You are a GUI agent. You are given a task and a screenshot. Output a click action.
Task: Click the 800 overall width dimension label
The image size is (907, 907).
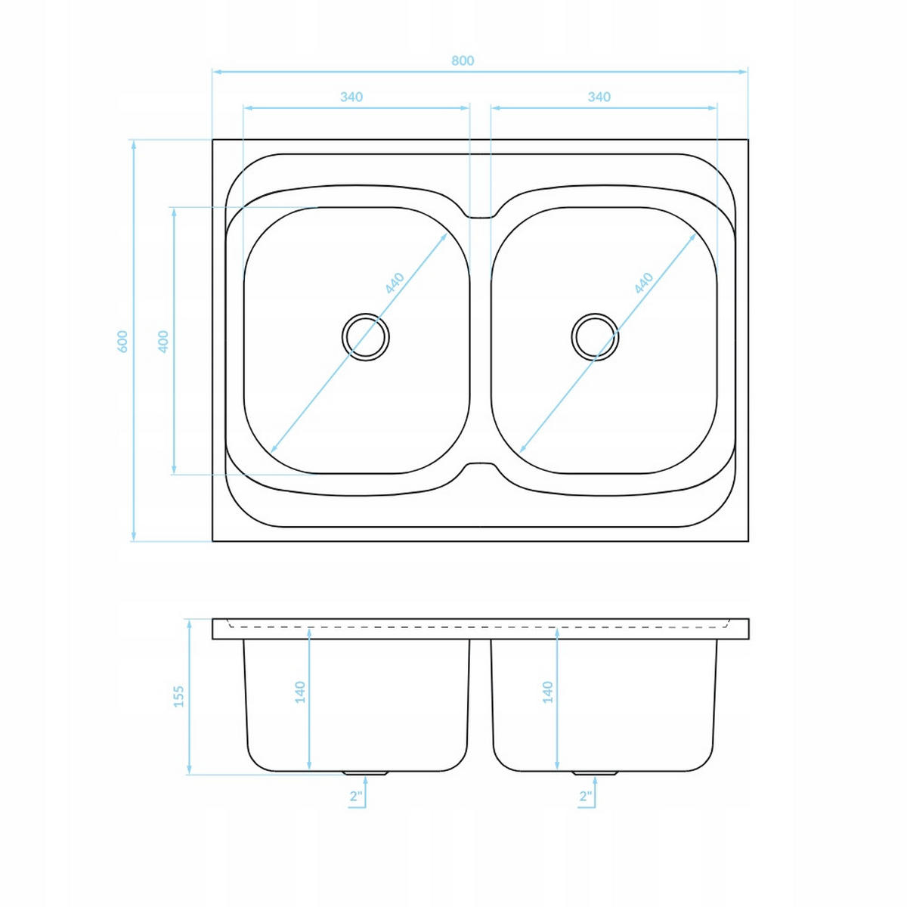pyautogui.click(x=463, y=60)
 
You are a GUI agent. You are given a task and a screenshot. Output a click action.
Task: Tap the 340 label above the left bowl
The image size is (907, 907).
pyautogui.click(x=351, y=97)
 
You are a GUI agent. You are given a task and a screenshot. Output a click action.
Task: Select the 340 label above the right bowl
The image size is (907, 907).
pyautogui.click(x=599, y=97)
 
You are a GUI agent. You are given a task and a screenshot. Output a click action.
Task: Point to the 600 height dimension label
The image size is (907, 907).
pyautogui.click(x=122, y=341)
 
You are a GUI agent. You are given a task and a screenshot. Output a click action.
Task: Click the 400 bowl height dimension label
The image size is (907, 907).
pyautogui.click(x=163, y=342)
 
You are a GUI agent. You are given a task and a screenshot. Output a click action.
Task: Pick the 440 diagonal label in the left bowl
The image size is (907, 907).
pyautogui.click(x=395, y=283)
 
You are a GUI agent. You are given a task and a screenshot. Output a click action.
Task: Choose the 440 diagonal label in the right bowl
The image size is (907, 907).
pyautogui.click(x=643, y=283)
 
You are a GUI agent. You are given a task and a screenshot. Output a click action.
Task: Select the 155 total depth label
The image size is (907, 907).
pyautogui.click(x=179, y=696)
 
